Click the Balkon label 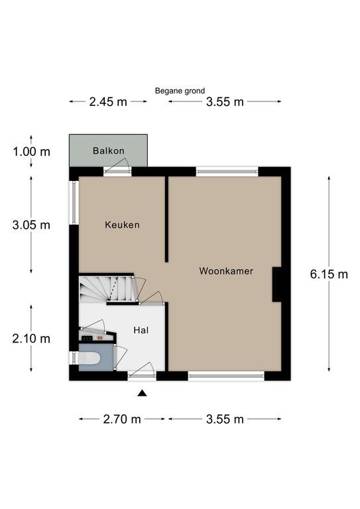[x=109, y=150]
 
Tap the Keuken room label [x=122, y=225]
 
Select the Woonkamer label [x=226, y=270]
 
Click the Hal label [x=141, y=330]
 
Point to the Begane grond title [x=180, y=91]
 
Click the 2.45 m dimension [x=108, y=102]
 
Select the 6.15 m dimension [x=329, y=274]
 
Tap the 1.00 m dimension [x=31, y=152]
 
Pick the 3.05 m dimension [x=31, y=225]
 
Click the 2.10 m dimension [x=31, y=339]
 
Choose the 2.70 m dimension [x=122, y=419]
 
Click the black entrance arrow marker [x=142, y=394]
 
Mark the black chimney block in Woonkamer [x=276, y=284]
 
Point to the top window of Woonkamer [x=227, y=172]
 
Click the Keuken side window [x=74, y=203]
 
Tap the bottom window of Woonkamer [x=226, y=376]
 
